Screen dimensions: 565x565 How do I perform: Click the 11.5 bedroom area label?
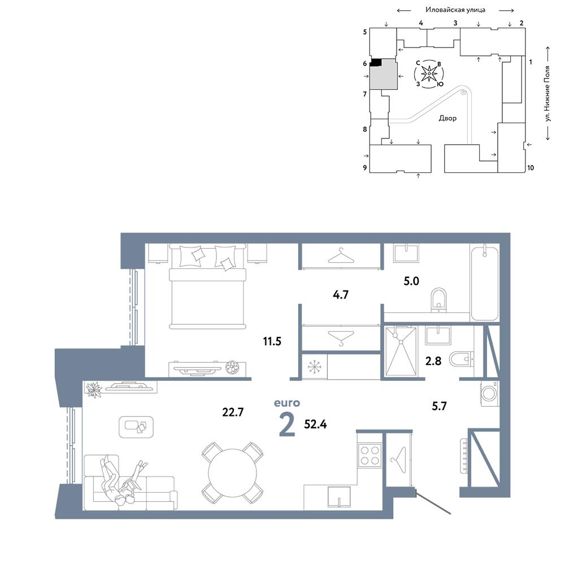[x=272, y=341]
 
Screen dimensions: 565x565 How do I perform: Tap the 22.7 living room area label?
[x=233, y=411]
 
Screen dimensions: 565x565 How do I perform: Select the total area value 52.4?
[x=315, y=424]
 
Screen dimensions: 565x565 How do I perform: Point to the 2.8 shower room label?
[x=433, y=360]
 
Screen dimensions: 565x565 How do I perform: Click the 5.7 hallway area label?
[x=439, y=406]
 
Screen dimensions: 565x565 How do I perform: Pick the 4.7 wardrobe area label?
[x=341, y=294]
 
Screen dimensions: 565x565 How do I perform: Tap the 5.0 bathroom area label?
[x=411, y=281]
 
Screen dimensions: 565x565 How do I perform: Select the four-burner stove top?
[x=370, y=455]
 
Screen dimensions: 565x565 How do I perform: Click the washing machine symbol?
[x=489, y=393]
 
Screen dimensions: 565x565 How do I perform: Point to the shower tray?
[x=401, y=351]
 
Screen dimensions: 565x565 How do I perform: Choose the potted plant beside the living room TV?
[x=94, y=389]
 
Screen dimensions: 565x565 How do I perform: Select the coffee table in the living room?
[x=136, y=427]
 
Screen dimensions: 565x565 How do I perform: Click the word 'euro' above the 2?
[x=287, y=402]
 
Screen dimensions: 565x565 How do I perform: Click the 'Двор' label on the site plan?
[x=447, y=118]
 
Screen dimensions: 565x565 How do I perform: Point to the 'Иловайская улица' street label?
[x=455, y=10]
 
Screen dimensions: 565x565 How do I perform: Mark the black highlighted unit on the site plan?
[x=376, y=62]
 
